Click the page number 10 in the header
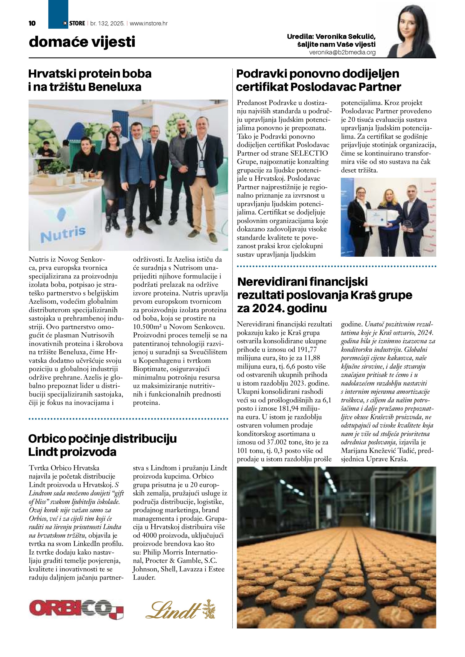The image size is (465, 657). coord(32,23)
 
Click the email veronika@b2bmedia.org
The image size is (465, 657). coord(342,53)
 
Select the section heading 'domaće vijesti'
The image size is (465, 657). coord(82,42)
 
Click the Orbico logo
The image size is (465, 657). coord(76,611)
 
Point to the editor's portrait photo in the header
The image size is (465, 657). coord(411,31)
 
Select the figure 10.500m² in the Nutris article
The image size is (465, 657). coord(147,327)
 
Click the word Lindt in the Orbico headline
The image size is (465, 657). coord(43,452)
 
